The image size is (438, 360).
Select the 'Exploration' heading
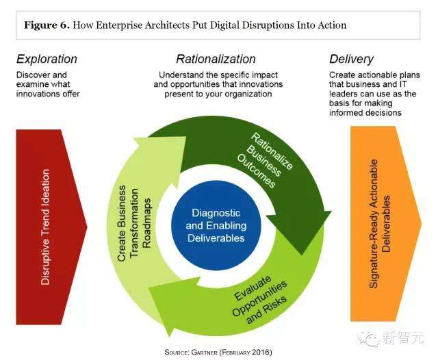[47, 59]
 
